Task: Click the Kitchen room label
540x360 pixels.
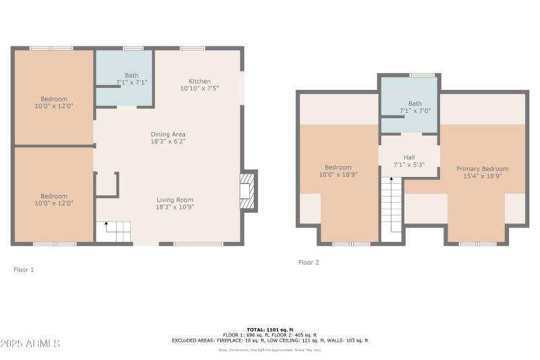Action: [x=199, y=81]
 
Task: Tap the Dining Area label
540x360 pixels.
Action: [x=167, y=134]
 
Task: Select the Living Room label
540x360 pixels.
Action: [x=175, y=200]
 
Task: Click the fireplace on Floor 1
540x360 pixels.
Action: [x=248, y=190]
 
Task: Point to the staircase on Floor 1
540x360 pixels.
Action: [x=113, y=232]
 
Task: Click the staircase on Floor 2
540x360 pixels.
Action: [x=391, y=209]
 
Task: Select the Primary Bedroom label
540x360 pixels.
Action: [x=482, y=169]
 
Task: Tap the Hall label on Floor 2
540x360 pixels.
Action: [x=409, y=157]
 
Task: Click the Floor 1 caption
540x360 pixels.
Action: [x=24, y=269]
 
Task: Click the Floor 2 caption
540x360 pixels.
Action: [x=308, y=262]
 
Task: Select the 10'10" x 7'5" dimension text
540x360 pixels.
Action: [x=199, y=88]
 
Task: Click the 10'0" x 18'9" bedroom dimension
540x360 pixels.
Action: [x=338, y=175]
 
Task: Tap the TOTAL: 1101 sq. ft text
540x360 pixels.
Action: [x=270, y=329]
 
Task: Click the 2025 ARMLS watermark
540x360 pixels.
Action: [x=30, y=344]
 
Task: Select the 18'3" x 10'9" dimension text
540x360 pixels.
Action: [x=175, y=207]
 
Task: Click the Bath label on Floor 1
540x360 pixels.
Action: [x=132, y=75]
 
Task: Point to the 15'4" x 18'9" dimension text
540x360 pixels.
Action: [x=482, y=176]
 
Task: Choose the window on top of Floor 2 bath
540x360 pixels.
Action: [x=422, y=75]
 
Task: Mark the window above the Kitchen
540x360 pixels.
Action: [x=192, y=48]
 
